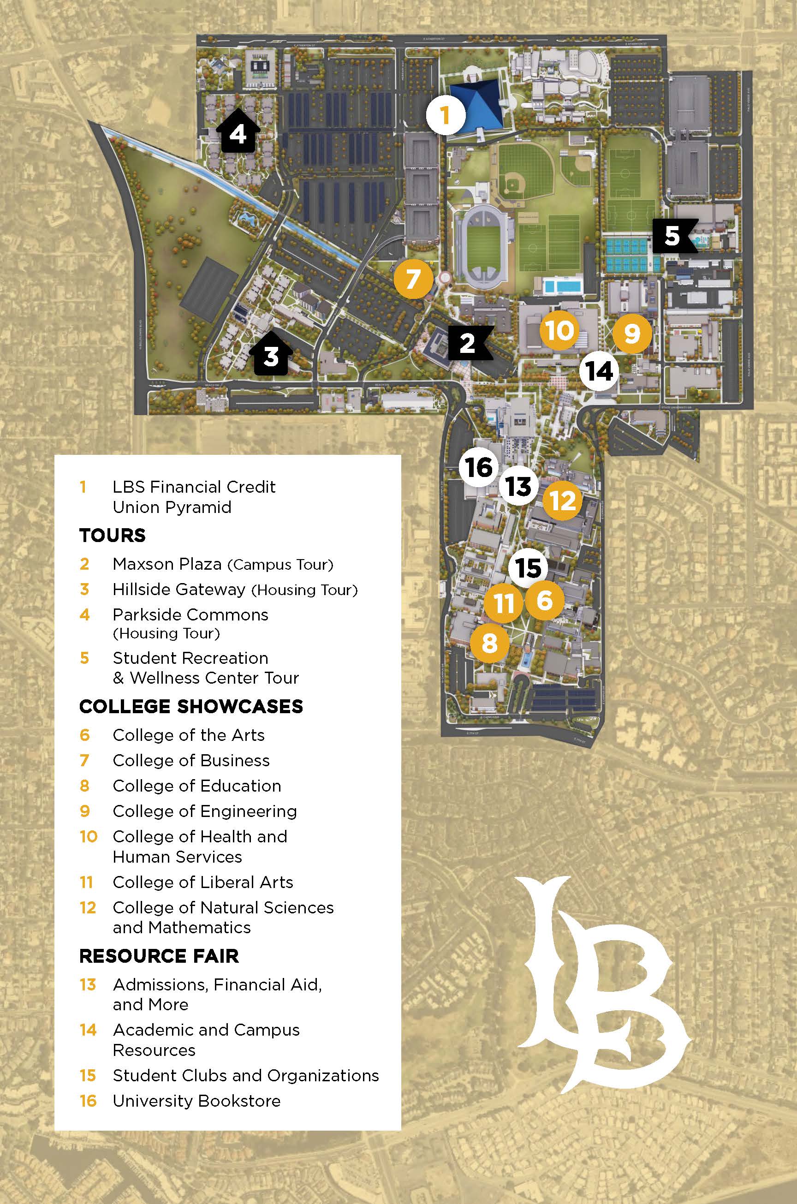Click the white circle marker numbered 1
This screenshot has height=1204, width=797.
click(x=446, y=115)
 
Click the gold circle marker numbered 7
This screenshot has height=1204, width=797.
click(x=413, y=279)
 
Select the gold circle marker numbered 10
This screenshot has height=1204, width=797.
click(x=559, y=330)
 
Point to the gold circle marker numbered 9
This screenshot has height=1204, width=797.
click(x=632, y=334)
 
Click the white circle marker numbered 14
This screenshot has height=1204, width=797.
click(x=600, y=371)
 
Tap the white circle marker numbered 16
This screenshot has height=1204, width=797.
click(x=478, y=466)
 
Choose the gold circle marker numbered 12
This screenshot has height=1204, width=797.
click(x=562, y=501)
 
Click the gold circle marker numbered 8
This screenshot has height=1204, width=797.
click(x=489, y=643)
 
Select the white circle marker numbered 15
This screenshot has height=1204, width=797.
click(x=528, y=567)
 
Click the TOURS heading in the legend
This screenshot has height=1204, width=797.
click(x=113, y=535)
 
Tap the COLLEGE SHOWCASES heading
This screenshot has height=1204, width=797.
click(x=191, y=706)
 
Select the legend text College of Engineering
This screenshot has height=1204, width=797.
click(x=204, y=811)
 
